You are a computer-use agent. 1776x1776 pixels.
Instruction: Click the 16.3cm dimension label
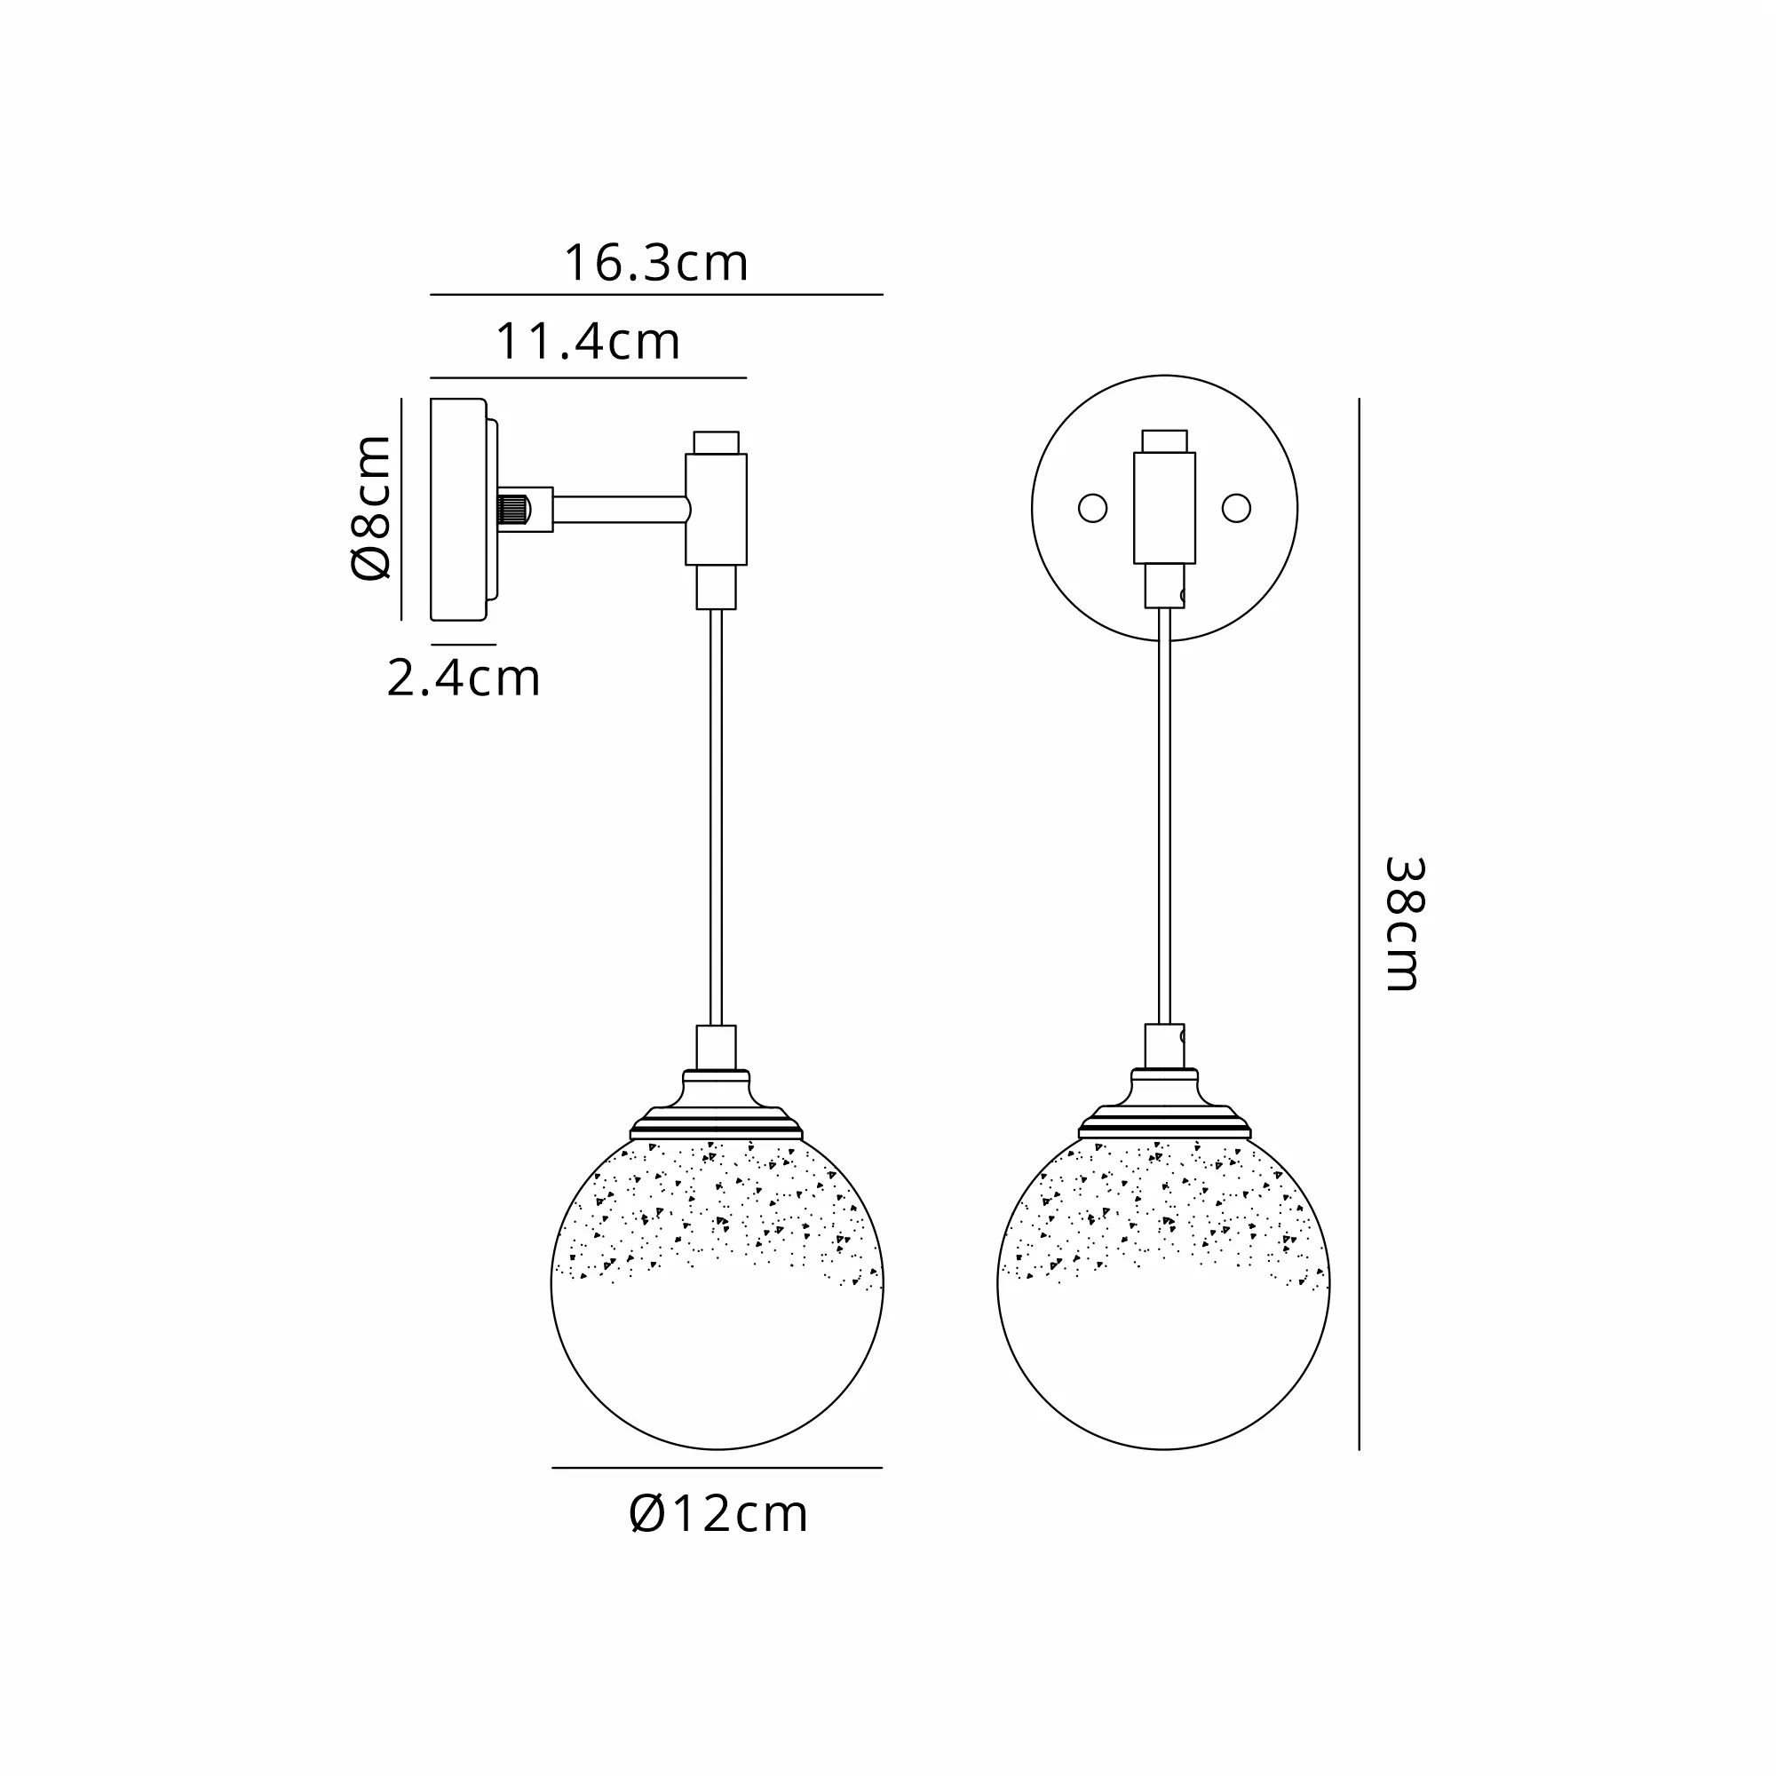click(655, 263)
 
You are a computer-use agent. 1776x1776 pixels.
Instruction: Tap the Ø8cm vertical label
click(371, 507)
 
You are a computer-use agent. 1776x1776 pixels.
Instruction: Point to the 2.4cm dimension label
click(464, 678)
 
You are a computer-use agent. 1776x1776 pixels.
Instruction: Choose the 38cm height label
click(1404, 924)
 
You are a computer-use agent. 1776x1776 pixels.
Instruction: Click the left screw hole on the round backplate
click(1092, 508)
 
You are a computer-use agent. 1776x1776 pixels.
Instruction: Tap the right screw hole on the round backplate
click(1236, 508)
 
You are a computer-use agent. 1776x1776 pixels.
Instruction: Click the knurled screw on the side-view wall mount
click(512, 509)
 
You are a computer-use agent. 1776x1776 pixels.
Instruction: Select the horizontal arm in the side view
click(621, 509)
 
